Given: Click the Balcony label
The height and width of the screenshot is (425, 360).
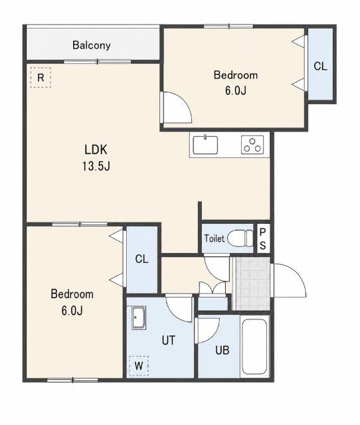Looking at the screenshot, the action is coord(92,45).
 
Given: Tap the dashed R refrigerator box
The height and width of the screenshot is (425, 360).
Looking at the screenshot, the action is coord(41,78).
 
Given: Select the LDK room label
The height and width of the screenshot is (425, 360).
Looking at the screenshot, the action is coord(96,149).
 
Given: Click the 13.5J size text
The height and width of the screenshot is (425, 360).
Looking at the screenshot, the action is coord(96,166).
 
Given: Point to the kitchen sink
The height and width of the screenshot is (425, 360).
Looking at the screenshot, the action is coord(205,145).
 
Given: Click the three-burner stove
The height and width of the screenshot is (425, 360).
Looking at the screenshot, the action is coord(252,145).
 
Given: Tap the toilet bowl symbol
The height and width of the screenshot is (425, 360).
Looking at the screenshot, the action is coord(240,238).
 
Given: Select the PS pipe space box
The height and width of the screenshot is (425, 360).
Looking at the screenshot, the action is coord(263,238).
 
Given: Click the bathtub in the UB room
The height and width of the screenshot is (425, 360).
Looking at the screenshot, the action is coord(254,347).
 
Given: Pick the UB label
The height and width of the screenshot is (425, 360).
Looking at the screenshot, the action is coord(223,351).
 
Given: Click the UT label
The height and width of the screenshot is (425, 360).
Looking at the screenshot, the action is coord(168,341).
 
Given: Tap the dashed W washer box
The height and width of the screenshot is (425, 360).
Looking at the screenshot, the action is coord(139,366).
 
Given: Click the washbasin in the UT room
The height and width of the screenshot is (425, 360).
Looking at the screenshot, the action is coord(139,317).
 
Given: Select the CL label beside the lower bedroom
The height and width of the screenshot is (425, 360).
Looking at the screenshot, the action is coord(141,260).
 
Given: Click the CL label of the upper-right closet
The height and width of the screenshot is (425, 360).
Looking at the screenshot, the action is coord(320,66).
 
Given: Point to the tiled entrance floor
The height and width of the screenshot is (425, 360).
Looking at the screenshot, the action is coord(252,284).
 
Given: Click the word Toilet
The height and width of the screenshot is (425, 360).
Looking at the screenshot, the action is coord(214,238).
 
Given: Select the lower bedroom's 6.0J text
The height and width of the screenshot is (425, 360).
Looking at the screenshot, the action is coord(72,311).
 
